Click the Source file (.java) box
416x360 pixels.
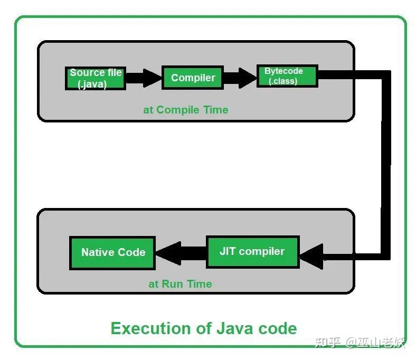[96, 78]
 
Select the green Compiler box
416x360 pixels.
[193, 78]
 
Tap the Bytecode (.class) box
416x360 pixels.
[287, 76]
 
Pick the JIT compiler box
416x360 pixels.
[252, 252]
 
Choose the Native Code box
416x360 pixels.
[112, 252]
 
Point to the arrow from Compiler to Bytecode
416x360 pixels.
[240, 78]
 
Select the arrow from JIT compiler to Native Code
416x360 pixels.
[179, 252]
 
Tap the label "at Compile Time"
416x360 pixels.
[186, 110]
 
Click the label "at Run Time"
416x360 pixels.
[180, 284]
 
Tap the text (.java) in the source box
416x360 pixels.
[92, 84]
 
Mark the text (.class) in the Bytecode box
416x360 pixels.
[283, 81]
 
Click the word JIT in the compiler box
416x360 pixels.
[228, 251]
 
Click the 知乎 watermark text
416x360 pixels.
[327, 342]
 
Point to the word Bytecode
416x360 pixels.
[283, 71]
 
